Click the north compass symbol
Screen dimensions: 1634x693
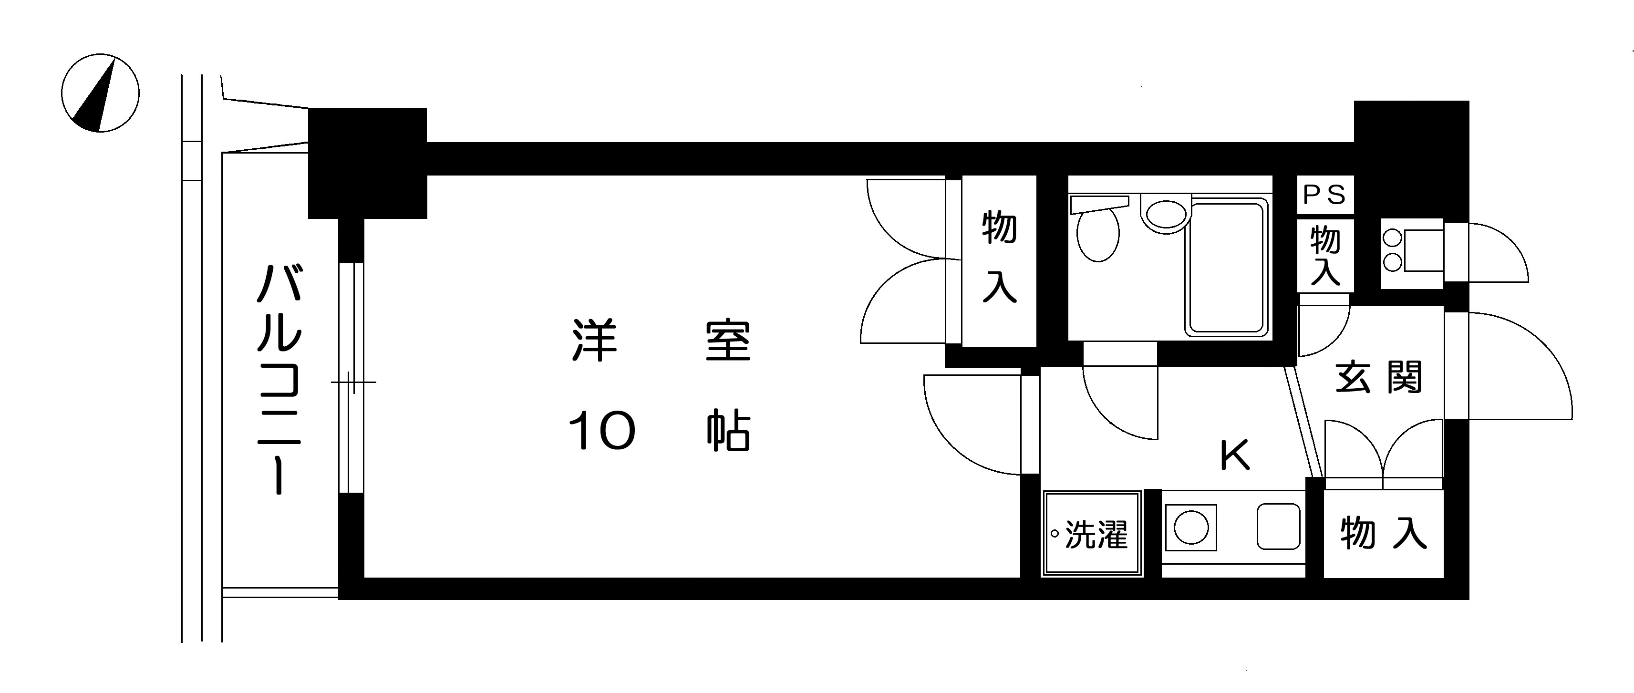click(x=100, y=93)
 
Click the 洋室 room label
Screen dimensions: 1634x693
click(x=662, y=341)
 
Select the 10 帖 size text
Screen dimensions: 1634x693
click(x=660, y=431)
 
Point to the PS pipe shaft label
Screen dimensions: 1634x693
click(x=1324, y=195)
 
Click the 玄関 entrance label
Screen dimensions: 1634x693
click(x=1378, y=377)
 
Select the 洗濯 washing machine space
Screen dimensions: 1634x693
click(x=1092, y=534)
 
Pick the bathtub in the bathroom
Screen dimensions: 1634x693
click(x=1227, y=267)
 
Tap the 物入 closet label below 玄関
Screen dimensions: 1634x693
click(x=1384, y=533)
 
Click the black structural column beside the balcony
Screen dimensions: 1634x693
click(x=367, y=164)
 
